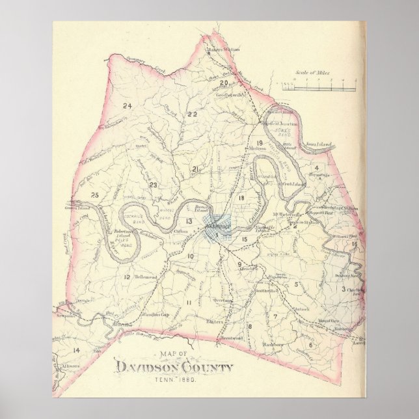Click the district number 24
[128, 105]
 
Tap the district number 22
[192, 114]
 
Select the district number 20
[224, 83]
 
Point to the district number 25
[95, 195]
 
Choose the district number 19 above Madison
[259, 142]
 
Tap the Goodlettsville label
[228, 94]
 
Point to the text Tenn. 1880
[174, 380]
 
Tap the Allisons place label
[71, 366]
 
